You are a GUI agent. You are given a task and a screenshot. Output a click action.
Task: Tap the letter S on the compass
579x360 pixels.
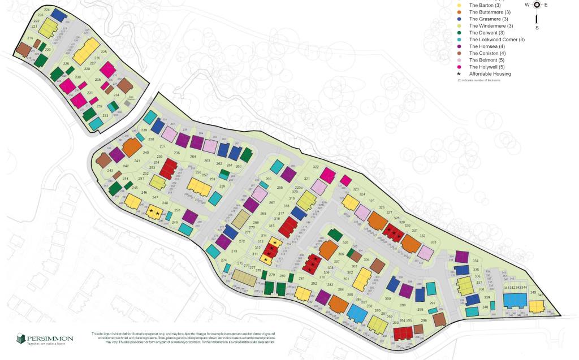click(537, 28)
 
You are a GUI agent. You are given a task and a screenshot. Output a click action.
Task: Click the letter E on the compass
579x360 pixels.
click(546, 5)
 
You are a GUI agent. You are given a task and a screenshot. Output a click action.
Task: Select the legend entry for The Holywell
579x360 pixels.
click(490, 67)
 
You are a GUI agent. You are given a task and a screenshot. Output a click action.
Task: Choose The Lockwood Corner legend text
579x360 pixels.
click(497, 40)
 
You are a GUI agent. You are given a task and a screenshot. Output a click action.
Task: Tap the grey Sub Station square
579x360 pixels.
click(127, 103)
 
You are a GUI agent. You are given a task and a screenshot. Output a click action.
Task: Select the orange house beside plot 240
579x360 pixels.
click(131, 147)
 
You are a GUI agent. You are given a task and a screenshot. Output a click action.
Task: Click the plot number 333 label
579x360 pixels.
click(433, 242)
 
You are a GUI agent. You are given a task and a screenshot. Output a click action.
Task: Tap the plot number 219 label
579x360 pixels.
click(30, 38)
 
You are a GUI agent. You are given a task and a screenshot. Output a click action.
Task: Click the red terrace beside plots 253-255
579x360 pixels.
click(168, 168)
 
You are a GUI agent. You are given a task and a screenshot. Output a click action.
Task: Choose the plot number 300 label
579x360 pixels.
click(388, 298)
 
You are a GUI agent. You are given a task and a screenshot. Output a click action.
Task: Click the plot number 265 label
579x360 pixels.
click(279, 187)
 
